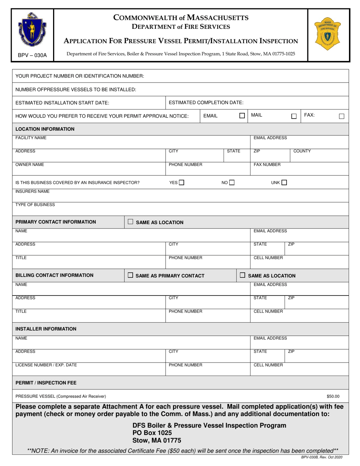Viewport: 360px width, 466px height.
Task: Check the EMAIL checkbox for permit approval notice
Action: coord(242,116)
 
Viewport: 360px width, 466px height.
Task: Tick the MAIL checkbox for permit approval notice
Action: coord(294,116)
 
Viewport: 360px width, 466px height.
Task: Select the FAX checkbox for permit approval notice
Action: coord(341,116)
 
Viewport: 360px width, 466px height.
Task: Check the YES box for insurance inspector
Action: coord(182,183)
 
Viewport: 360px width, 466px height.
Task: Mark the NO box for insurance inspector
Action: coord(232,183)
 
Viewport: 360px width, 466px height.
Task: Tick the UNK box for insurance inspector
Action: coord(284,183)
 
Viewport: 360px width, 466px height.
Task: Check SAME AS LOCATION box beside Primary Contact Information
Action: coord(130,222)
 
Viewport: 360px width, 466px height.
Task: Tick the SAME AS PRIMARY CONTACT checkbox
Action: coord(130,275)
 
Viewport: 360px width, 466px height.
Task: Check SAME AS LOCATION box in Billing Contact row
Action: coord(243,275)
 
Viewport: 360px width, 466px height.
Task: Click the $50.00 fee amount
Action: coord(333,397)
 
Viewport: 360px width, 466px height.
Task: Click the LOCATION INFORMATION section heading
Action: coord(45,129)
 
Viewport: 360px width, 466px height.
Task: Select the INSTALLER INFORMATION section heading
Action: coord(46,329)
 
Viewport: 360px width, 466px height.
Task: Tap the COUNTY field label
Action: coord(302,151)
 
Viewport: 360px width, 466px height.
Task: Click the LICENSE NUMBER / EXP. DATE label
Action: coord(46,365)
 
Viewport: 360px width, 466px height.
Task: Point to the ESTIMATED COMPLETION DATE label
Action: coord(206,102)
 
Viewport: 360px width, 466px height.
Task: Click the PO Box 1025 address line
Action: coord(152,433)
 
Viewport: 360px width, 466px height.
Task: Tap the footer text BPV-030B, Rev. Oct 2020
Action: coord(321,457)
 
